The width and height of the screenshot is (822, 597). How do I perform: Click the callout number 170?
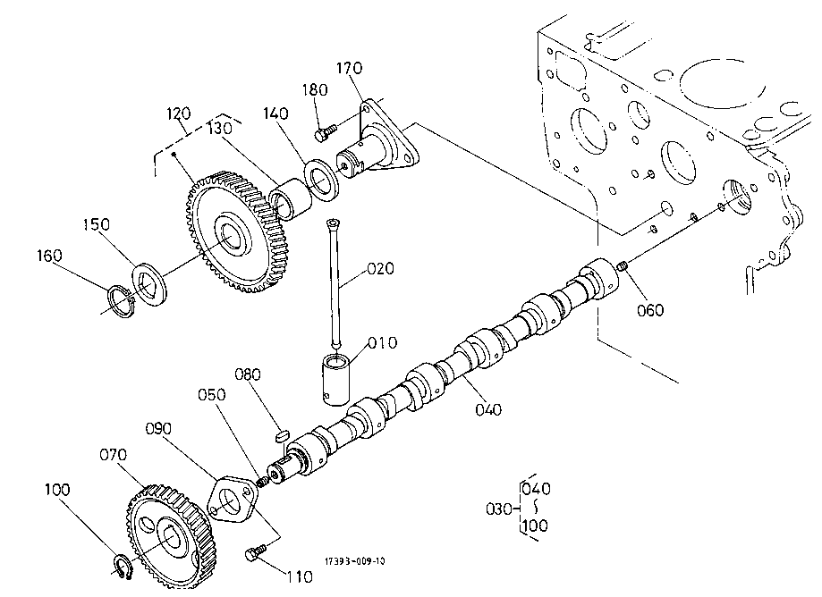point(349,68)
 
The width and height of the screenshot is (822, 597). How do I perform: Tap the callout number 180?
point(315,89)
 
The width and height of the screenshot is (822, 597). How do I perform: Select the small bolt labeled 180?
point(325,132)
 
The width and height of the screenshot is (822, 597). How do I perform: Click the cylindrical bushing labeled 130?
point(290,199)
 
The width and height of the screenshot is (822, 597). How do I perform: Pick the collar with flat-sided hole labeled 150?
point(149,285)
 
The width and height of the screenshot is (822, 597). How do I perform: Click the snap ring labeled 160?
point(122,302)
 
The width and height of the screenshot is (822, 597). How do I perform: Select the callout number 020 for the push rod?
point(380,269)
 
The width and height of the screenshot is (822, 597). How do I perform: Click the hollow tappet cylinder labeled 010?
point(336,379)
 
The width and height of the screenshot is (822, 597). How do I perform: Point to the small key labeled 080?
point(282,434)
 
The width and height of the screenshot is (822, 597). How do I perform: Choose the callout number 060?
point(650,310)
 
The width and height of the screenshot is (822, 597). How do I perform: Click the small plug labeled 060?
point(622,266)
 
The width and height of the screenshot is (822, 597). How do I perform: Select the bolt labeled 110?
point(255,552)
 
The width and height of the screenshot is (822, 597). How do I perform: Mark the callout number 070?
point(114,455)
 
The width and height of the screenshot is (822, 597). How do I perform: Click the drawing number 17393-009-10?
point(355,561)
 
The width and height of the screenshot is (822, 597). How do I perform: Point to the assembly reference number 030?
point(499,509)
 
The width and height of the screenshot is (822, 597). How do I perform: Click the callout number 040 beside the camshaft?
point(488,409)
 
